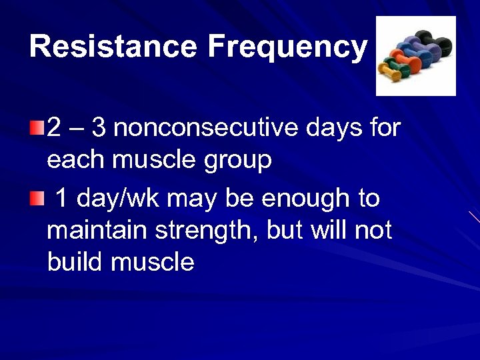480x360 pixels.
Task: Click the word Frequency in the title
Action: tap(287, 47)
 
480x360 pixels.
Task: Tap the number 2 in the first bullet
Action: tap(54, 127)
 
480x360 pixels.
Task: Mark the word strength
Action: tap(203, 231)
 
